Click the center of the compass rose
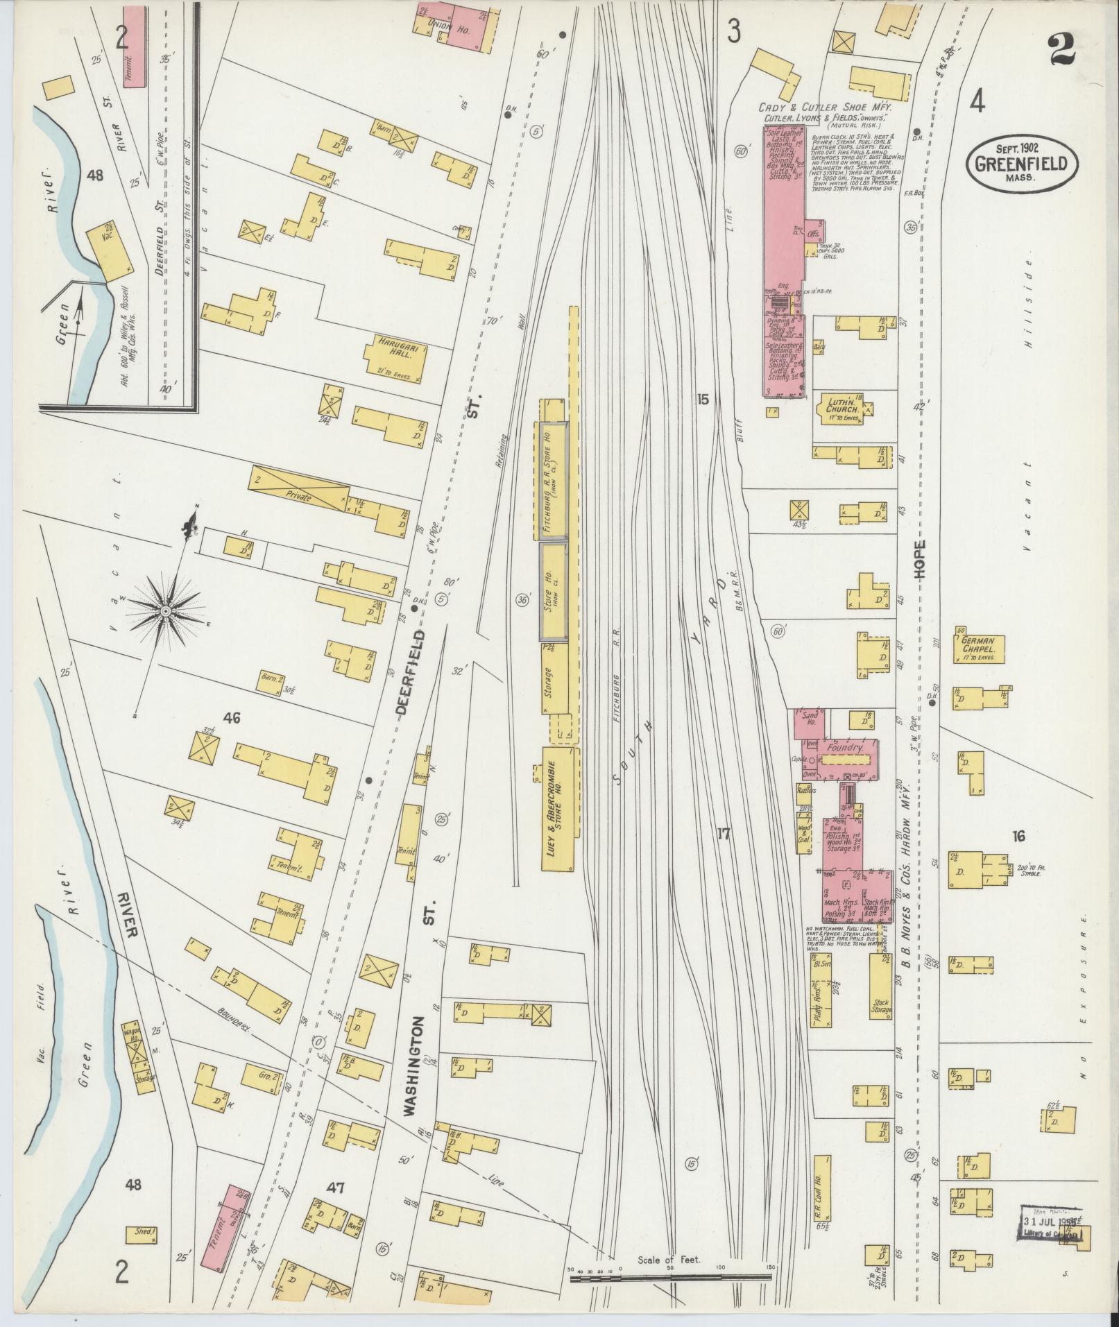pyautogui.click(x=166, y=611)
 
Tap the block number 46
pyautogui.click(x=231, y=718)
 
